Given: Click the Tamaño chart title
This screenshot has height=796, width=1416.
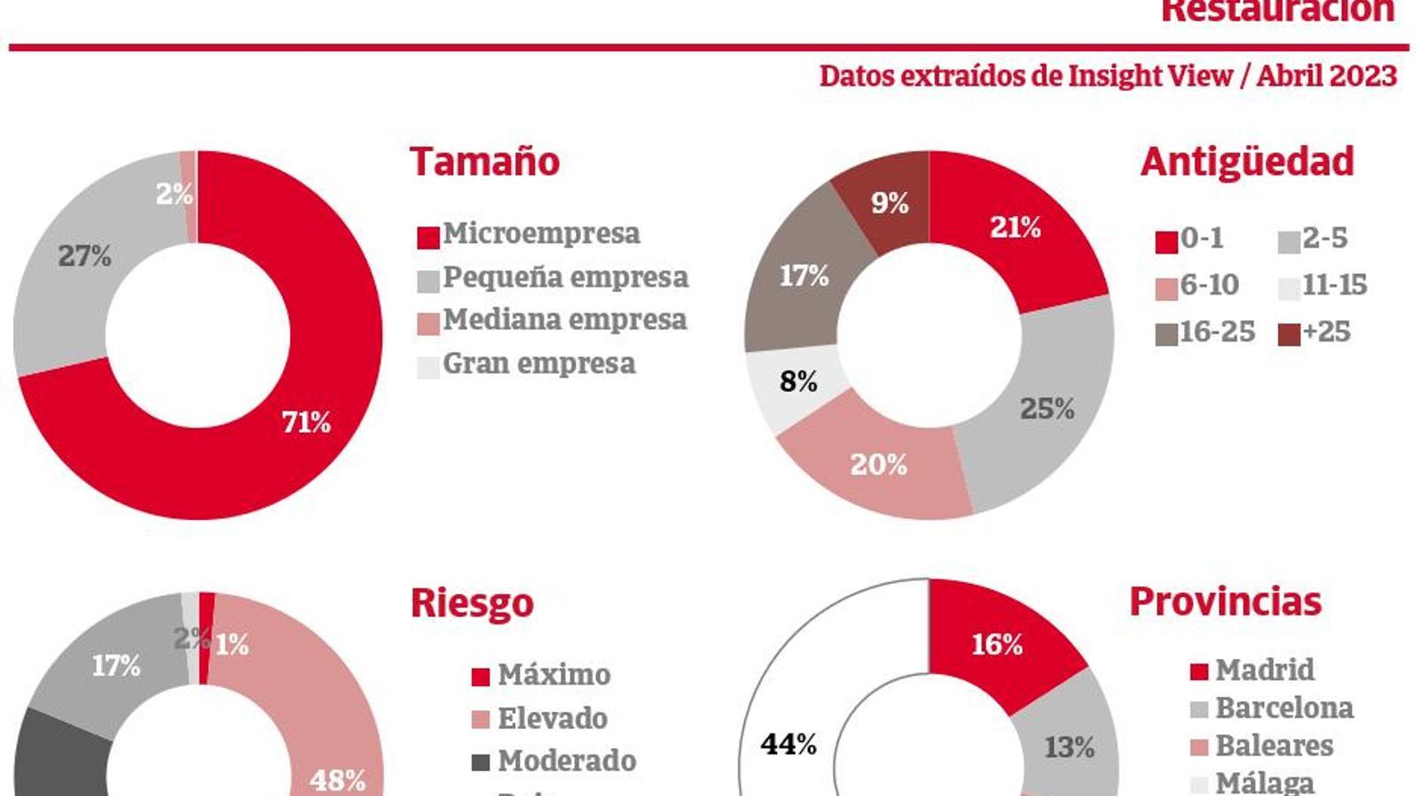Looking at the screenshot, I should point(484,162).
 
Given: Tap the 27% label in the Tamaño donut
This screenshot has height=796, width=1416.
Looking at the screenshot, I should point(84,256).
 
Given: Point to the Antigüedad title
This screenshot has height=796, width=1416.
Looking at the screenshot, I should point(1247,162).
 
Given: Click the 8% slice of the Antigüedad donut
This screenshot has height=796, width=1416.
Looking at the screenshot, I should point(797,382).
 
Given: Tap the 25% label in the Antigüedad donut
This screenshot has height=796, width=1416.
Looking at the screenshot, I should point(1047,409).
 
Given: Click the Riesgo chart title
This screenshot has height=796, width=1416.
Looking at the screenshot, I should point(472,603).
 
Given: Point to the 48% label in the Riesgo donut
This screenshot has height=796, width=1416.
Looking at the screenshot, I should point(337,779).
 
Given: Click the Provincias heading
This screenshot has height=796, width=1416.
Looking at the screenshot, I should point(1225,601).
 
